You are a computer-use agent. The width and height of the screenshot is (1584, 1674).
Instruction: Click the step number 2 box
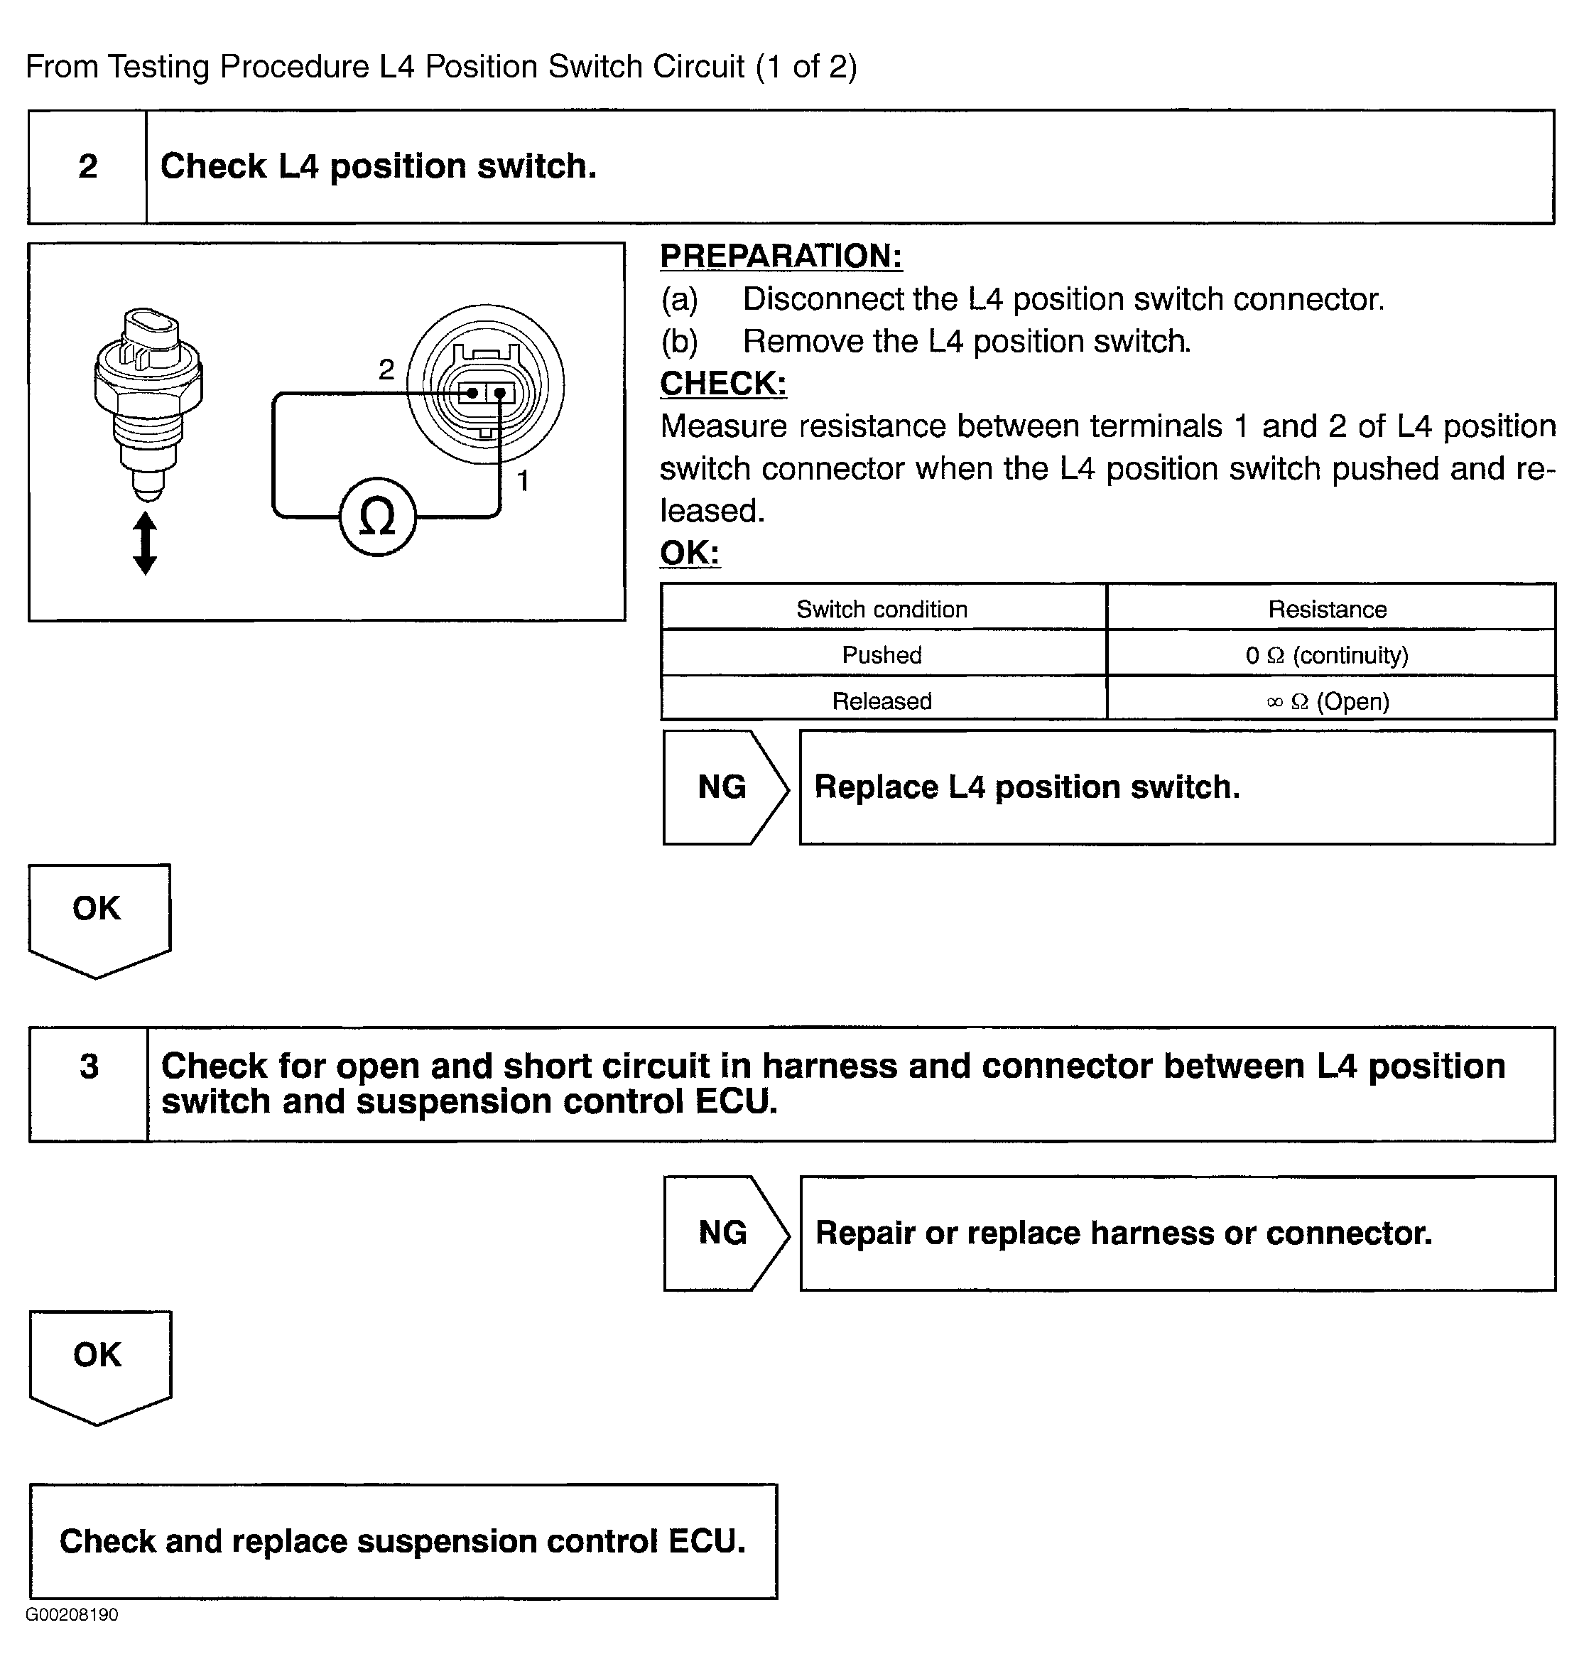pos(88,166)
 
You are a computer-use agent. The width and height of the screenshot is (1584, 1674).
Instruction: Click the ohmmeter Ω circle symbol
pos(377,517)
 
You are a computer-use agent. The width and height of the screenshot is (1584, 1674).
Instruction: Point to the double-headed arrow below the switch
pos(145,543)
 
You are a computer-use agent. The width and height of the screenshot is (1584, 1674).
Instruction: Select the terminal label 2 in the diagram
pos(386,369)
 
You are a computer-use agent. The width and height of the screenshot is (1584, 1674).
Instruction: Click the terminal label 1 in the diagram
pos(523,480)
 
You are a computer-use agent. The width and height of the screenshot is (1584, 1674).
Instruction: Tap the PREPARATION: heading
pos(781,256)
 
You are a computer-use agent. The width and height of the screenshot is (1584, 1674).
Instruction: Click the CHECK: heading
pos(723,384)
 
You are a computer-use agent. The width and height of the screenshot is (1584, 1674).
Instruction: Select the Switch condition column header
pos(881,609)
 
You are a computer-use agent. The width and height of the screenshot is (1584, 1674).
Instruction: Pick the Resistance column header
pos(1328,609)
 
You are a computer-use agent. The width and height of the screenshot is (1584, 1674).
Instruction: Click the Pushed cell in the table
pos(881,654)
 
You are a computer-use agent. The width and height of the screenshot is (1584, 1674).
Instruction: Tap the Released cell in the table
pos(881,700)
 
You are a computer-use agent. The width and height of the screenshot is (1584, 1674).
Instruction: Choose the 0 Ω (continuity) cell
pos(1328,654)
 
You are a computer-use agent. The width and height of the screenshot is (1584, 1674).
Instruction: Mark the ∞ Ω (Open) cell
pos(1328,700)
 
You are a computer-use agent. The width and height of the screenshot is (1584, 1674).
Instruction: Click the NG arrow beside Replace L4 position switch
pos(724,787)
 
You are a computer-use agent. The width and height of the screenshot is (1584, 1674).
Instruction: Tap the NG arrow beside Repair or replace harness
pos(724,1233)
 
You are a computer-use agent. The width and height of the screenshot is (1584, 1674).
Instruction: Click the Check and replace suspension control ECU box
pos(403,1541)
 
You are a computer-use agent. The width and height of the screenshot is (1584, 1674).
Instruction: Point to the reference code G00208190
pos(72,1615)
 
